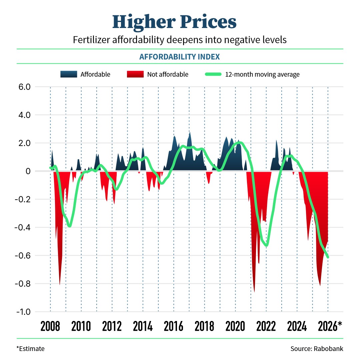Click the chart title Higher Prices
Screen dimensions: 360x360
(174, 22)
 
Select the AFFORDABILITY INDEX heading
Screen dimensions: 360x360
(180, 57)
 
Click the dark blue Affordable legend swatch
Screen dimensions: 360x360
(69, 74)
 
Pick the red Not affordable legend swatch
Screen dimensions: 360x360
(135, 74)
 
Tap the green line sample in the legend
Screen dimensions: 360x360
(213, 74)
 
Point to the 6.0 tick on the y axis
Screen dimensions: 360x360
(23, 87)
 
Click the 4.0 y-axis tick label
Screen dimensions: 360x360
(23, 115)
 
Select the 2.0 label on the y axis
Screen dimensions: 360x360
(23, 143)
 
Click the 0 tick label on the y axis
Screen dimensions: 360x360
(28, 171)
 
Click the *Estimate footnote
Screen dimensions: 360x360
(30, 349)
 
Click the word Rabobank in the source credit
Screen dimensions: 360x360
(328, 349)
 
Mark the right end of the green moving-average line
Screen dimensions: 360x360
(328, 257)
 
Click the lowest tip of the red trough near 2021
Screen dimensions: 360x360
(254, 292)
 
